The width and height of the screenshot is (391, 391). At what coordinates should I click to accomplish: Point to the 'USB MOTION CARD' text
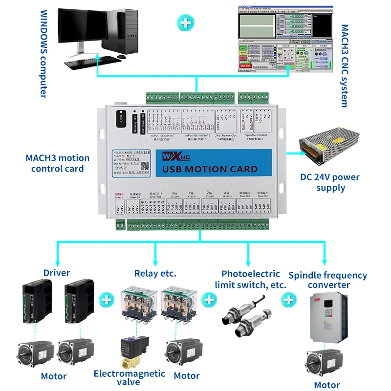209,169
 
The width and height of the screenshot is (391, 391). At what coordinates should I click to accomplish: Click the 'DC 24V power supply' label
330,182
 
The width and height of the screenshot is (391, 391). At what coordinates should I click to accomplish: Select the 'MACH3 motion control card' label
58,163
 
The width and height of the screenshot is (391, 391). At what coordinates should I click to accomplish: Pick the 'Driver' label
57,273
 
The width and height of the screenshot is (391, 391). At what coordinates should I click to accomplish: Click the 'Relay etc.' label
155,273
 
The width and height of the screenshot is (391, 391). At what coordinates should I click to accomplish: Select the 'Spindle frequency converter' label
327,280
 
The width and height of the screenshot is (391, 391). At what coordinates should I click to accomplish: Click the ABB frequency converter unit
325,318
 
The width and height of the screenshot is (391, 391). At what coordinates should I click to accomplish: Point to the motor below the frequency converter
323,362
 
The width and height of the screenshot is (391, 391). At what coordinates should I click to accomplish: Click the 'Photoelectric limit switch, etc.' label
251,279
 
